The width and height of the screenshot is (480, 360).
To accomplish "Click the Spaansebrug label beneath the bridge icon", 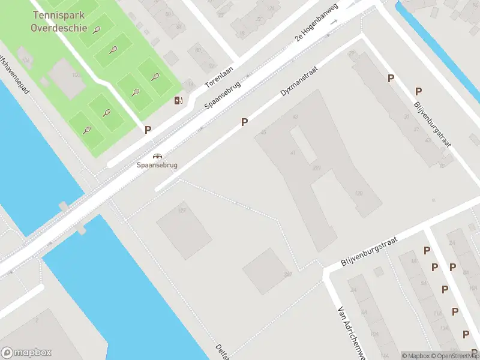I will coord(157,165).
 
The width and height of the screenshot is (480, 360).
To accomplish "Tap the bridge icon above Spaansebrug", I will coord(157,156).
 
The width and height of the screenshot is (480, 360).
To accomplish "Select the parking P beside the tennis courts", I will coord(148,129).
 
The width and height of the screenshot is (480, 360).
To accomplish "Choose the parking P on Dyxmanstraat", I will coord(244,122).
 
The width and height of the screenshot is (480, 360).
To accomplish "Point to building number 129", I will coord(182,210).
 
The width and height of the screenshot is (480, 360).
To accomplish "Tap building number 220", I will coord(316,168).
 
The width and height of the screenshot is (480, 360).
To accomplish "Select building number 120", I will coord(359,193).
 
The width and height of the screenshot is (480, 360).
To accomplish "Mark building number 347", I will coord(289,274).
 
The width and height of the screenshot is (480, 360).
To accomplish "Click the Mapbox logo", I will coord(26,353).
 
